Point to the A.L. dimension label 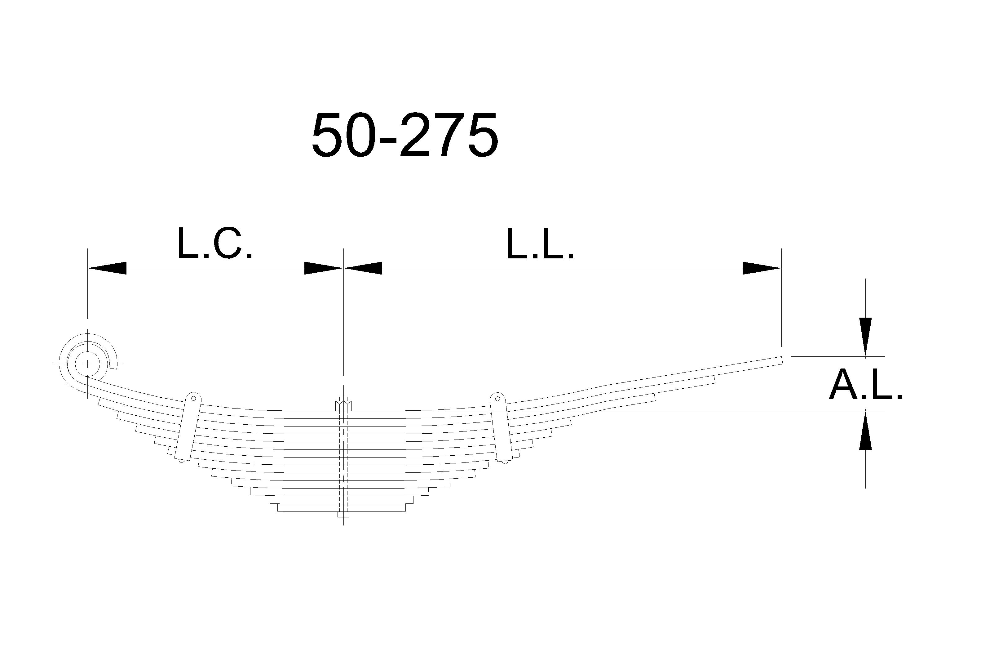866,384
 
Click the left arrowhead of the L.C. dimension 107,268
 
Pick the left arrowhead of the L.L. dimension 363,268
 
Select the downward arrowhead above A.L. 866,337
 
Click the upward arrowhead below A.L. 866,430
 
